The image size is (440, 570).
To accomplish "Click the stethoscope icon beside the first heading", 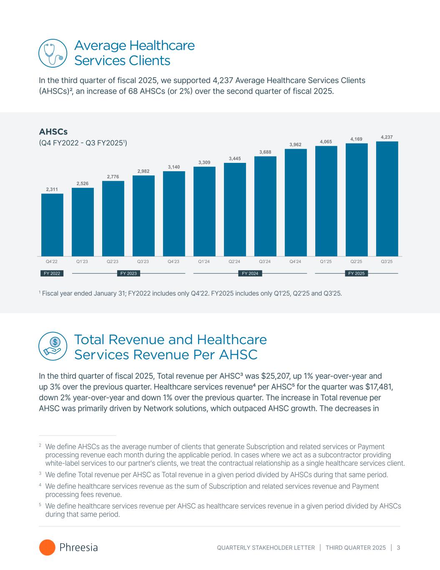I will [53, 53].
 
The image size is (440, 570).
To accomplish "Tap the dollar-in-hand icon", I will [53, 347].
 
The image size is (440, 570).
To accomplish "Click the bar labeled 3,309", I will [204, 211].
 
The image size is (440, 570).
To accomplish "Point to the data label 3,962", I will [296, 144].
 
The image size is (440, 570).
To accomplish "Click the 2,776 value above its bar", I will [113, 177].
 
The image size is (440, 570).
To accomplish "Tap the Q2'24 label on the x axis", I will [234, 262].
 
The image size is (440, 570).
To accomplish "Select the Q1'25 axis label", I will [326, 262].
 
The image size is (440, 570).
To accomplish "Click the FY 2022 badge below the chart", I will [52, 274].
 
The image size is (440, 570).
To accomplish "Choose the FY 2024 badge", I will [250, 274].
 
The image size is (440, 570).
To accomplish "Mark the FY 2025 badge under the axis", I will [356, 274].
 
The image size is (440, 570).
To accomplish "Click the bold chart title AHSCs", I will [53, 132].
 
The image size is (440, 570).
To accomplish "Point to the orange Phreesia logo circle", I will [47, 547].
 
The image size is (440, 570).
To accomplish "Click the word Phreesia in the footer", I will [79, 547].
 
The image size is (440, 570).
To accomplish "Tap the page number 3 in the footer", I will [399, 547].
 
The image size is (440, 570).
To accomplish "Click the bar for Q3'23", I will [143, 215].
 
